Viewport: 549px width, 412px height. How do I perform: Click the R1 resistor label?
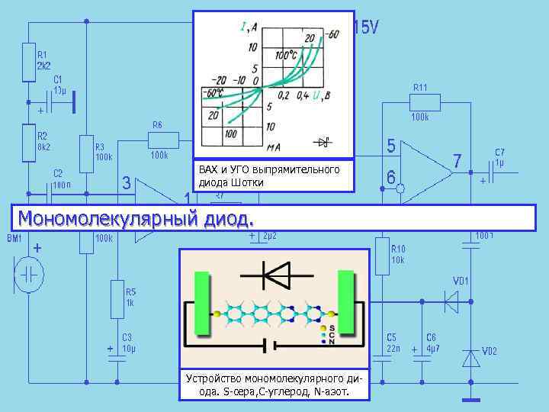(43, 55)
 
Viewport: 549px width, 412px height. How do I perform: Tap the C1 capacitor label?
(59, 79)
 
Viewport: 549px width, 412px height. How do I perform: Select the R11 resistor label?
(420, 87)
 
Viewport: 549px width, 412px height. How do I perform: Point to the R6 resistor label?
(157, 124)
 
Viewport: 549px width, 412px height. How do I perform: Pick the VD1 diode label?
(461, 282)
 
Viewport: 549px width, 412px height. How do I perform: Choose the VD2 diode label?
(489, 351)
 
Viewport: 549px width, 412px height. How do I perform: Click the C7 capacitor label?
(499, 152)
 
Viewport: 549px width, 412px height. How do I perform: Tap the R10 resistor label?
(399, 249)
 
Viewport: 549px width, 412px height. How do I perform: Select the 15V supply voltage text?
(365, 28)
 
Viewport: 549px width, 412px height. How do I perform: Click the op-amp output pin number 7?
(457, 162)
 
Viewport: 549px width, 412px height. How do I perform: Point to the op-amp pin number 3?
(127, 183)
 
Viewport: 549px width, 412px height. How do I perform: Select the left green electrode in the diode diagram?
(202, 303)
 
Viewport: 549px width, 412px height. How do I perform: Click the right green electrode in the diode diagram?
(348, 303)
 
